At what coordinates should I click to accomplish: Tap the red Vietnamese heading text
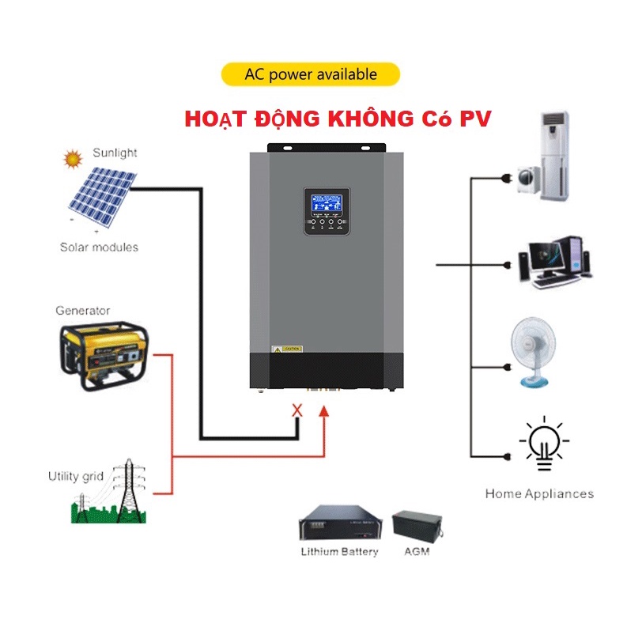[x=338, y=119]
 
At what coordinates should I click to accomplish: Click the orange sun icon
[x=73, y=159]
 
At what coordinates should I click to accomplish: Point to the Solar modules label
[x=99, y=247]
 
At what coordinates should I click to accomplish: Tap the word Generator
[x=83, y=311]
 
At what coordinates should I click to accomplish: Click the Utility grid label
[x=75, y=476]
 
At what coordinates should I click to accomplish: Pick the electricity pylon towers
[x=119, y=490]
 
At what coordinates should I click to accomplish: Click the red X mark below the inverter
[x=298, y=410]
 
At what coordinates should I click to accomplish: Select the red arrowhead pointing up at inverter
[x=323, y=411]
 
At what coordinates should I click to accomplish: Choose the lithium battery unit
[x=339, y=523]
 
